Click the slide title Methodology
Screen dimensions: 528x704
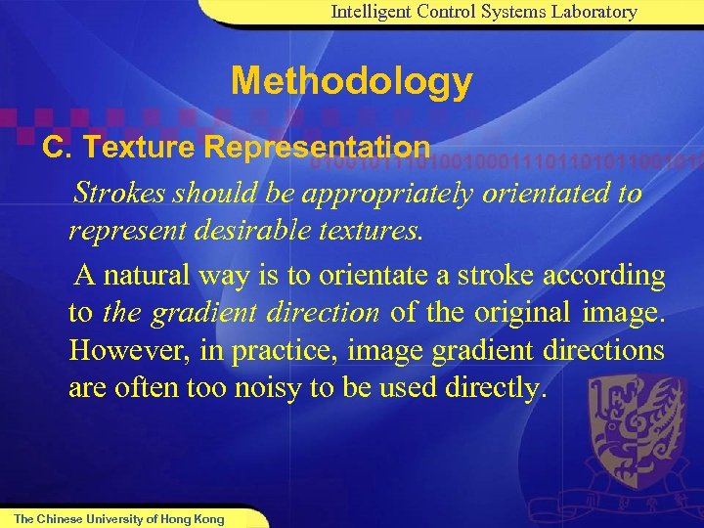[x=351, y=81]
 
